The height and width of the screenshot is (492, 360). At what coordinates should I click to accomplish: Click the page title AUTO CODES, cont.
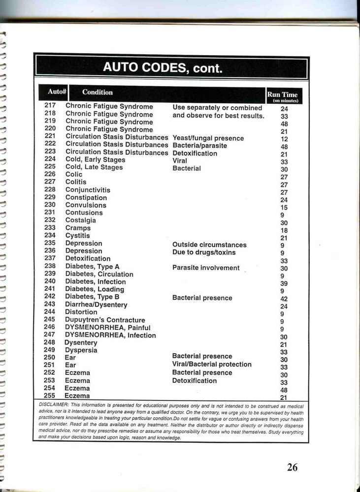pos(163,67)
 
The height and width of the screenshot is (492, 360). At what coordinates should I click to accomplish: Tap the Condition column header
pos(97,92)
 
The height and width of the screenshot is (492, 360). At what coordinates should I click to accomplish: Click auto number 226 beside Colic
pos(50,174)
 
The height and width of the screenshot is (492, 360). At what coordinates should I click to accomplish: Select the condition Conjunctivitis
pos(88,190)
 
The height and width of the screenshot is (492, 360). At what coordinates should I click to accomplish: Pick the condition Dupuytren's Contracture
pos(105,320)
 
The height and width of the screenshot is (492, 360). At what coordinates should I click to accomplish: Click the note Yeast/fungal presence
pos(208,138)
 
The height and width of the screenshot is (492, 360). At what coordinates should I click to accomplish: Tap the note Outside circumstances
pos(209,245)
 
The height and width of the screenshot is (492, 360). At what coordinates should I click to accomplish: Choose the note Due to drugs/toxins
pos(204,252)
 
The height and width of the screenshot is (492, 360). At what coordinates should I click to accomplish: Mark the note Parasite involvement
pos(206,268)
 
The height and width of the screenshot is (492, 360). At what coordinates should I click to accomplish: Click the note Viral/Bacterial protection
pos(212,364)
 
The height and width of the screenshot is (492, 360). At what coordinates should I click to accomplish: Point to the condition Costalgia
pos(80,220)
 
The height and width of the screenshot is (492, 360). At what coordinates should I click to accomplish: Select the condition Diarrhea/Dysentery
pos(96,305)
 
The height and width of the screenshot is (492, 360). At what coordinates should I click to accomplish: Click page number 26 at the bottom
pos(292,467)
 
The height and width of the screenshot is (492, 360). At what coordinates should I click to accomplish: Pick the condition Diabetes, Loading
pos(95,289)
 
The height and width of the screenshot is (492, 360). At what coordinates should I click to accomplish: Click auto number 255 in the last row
pos(50,396)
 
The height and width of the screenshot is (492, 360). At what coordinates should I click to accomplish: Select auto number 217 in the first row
pos(50,105)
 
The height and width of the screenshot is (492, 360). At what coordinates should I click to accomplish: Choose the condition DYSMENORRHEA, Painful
pos(108,327)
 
